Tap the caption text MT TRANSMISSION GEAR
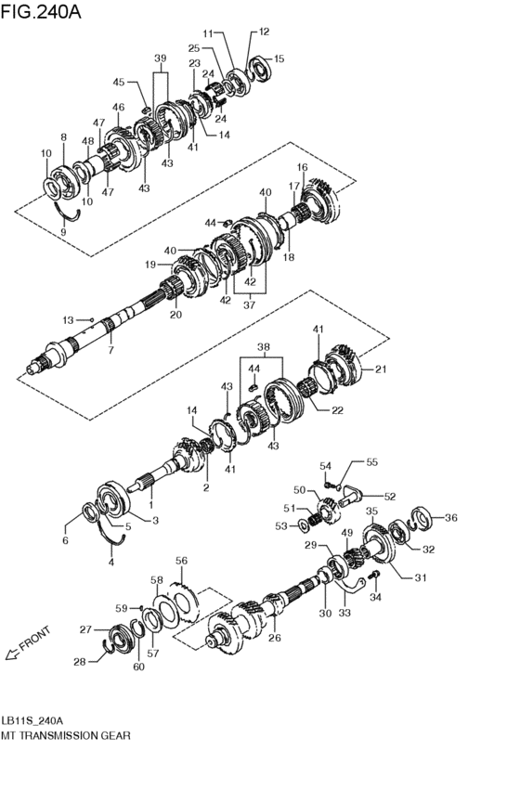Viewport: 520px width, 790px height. point(66,735)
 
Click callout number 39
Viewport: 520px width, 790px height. point(161,58)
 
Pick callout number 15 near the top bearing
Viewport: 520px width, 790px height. point(279,59)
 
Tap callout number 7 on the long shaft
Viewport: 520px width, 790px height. point(110,350)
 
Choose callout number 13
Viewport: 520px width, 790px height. point(68,319)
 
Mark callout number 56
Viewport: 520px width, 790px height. point(181,561)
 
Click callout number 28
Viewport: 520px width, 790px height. point(79,662)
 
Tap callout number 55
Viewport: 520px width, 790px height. point(371,461)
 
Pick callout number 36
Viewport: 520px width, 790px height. point(451,518)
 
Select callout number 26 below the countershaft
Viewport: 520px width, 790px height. point(275,637)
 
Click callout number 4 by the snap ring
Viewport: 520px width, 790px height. point(110,562)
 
